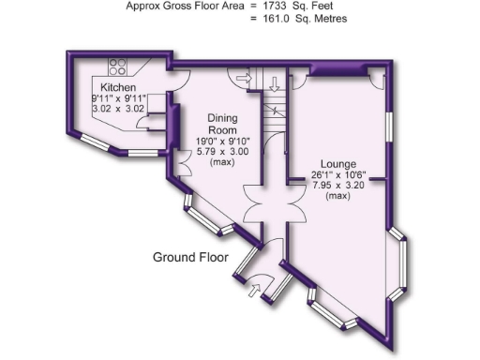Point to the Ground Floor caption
191,256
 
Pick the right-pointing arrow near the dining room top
247,81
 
